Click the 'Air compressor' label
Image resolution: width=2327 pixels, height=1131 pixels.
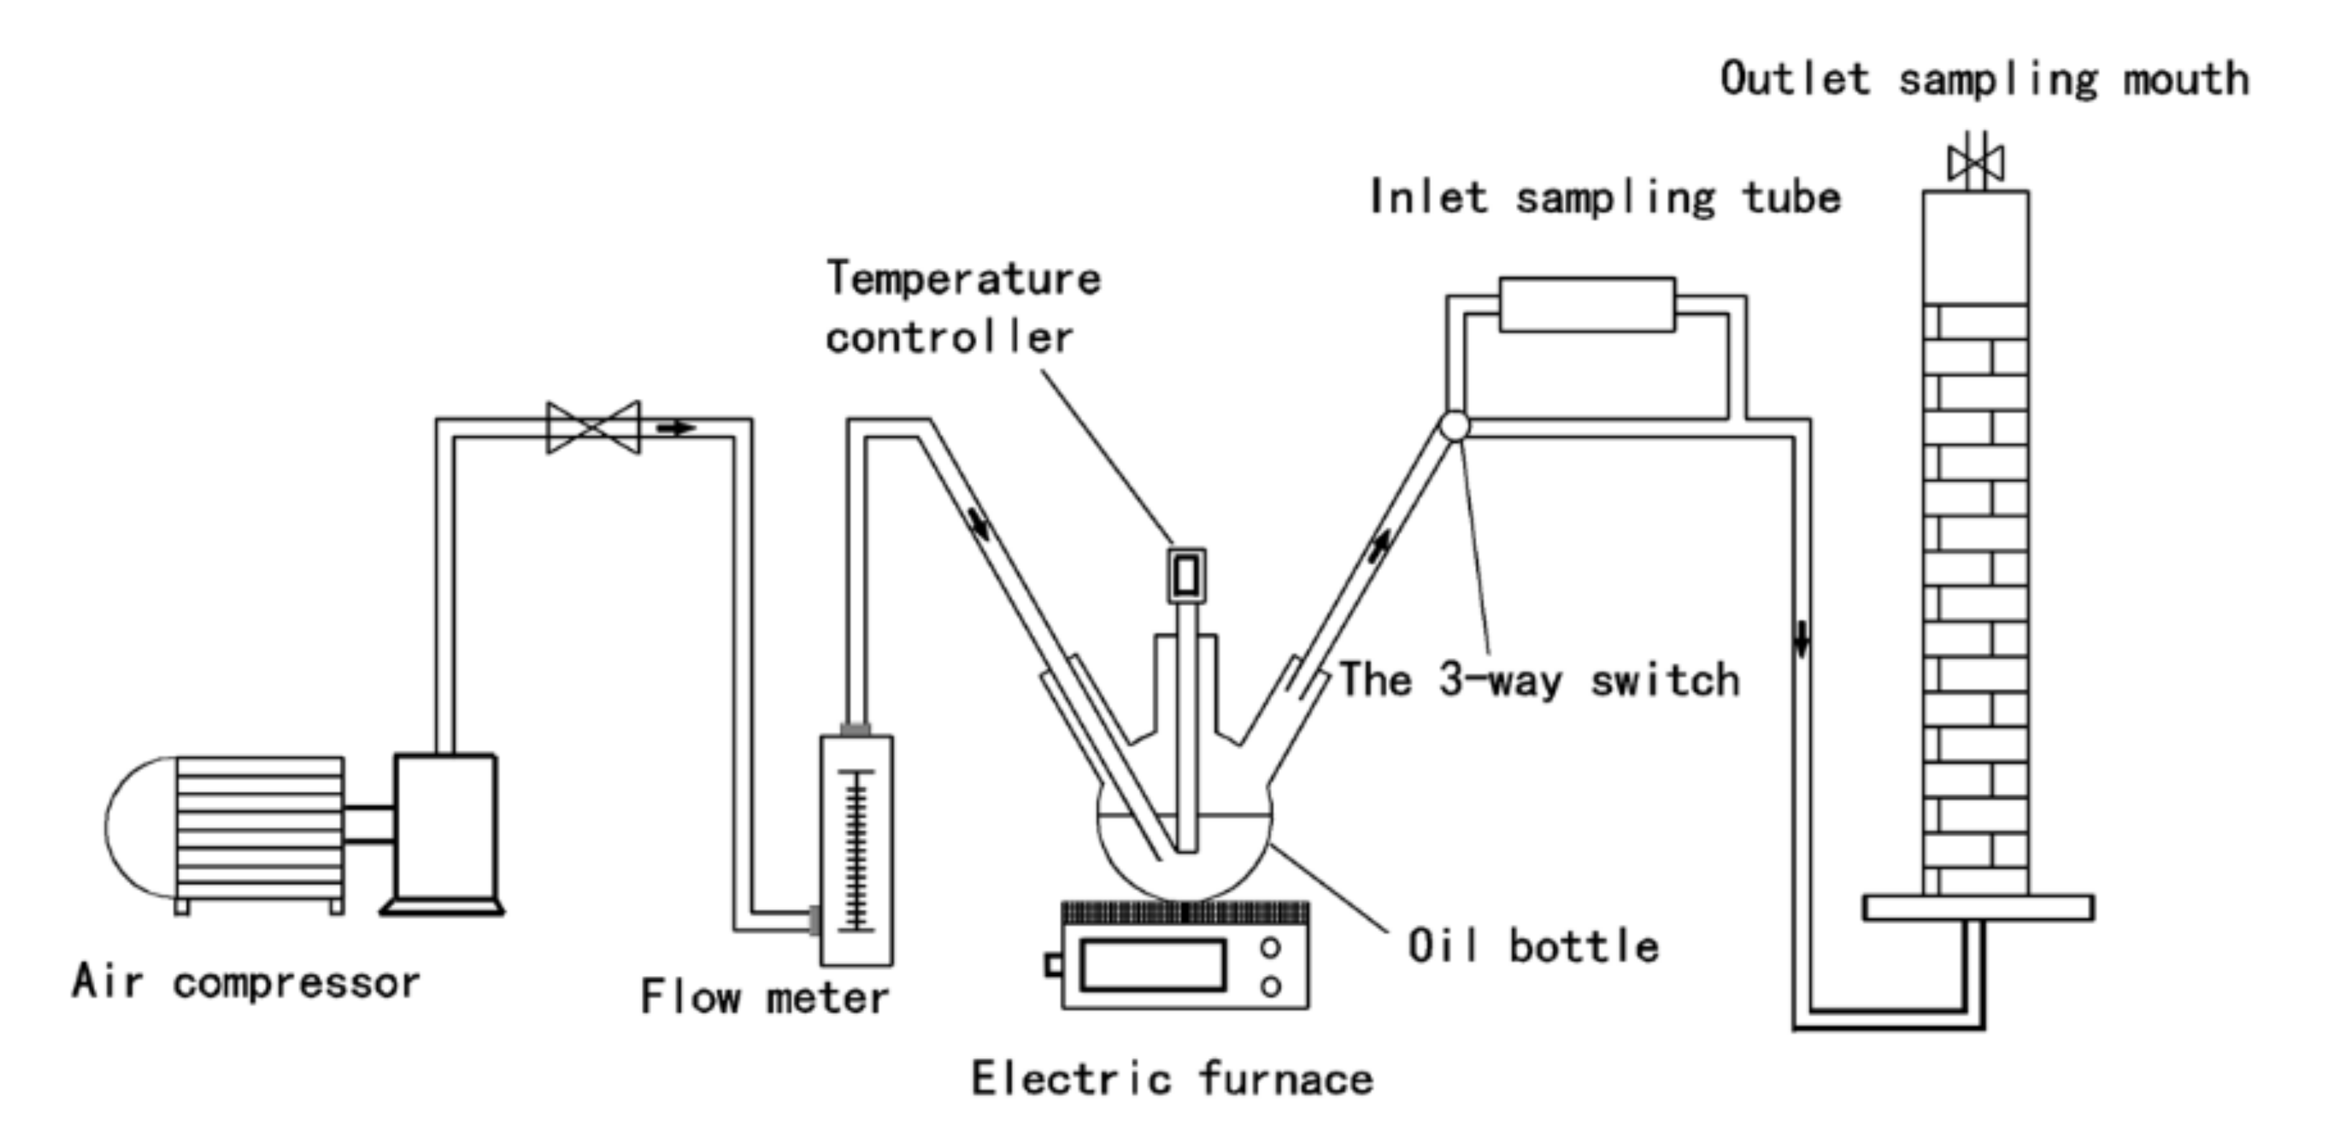click(x=245, y=983)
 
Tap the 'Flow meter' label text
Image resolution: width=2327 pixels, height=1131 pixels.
click(x=764, y=998)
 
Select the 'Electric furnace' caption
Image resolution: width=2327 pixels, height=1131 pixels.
click(x=1172, y=1078)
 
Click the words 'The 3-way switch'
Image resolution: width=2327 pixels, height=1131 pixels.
click(x=1538, y=679)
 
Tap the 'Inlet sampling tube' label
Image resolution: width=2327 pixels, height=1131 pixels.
click(x=1604, y=198)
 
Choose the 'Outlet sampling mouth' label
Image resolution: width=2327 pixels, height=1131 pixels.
click(x=1984, y=79)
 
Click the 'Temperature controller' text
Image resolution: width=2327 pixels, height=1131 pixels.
click(x=962, y=307)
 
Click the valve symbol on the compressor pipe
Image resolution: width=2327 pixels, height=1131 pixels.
click(x=594, y=428)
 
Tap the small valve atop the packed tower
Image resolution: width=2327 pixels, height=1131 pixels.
click(x=1976, y=163)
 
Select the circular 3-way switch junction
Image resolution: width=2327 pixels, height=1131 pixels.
click(x=1454, y=426)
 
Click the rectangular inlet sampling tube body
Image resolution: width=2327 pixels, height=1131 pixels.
click(x=1586, y=305)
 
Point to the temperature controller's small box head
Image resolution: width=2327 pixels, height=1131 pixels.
click(x=1186, y=575)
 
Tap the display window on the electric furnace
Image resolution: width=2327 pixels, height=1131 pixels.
click(x=1153, y=965)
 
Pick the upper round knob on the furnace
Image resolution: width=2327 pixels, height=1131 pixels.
click(x=1270, y=947)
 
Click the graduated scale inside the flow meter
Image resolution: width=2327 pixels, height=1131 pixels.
click(x=857, y=850)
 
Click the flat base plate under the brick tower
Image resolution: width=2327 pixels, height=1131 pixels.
click(x=1978, y=907)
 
